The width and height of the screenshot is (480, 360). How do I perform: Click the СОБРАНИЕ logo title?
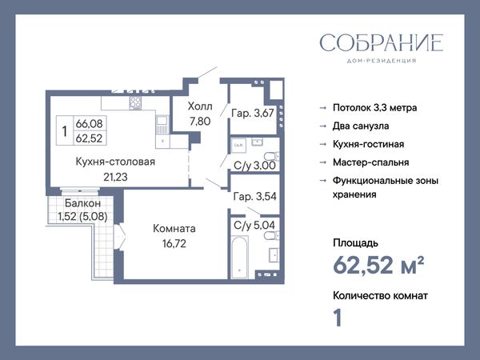point(381,42)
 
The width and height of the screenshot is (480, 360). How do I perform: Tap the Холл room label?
point(200,106)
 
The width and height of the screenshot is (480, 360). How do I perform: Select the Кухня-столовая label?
point(115,162)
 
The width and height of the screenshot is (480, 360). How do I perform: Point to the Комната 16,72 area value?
point(174,244)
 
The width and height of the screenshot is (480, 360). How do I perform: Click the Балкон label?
point(82,203)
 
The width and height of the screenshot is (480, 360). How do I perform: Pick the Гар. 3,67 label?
point(253,114)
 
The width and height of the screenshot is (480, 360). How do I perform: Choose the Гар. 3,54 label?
point(254,196)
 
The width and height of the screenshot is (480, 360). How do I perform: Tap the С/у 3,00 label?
point(254,166)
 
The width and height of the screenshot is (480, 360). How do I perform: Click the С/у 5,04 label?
point(254,226)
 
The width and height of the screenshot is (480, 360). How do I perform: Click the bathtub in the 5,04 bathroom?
point(239,257)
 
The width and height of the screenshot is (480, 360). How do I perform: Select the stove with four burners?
point(135,103)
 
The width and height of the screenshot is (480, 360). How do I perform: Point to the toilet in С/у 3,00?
point(272,156)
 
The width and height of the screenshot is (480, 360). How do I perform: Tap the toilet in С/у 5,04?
point(272,235)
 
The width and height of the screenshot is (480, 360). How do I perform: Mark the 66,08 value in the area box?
point(89,124)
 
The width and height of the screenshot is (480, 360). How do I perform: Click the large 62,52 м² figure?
point(378,265)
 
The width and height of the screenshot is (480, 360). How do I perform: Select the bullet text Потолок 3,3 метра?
point(374,108)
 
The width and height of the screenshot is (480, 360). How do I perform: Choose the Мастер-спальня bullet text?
point(370,162)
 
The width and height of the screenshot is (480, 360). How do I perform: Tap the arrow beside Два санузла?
point(322,126)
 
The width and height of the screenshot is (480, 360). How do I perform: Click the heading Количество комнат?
point(380,296)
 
